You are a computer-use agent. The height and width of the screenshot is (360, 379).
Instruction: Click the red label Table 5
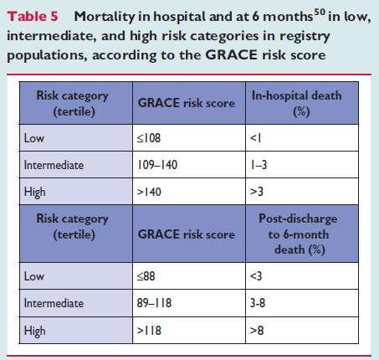click(33, 16)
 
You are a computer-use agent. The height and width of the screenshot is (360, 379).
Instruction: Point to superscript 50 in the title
click(320, 13)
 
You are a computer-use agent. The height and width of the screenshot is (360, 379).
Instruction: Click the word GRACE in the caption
click(231, 54)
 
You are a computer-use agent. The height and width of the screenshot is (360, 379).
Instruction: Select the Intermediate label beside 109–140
click(54, 165)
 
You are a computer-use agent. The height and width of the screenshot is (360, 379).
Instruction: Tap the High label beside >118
click(34, 332)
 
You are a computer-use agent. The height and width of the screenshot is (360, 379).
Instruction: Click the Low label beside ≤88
click(34, 276)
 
